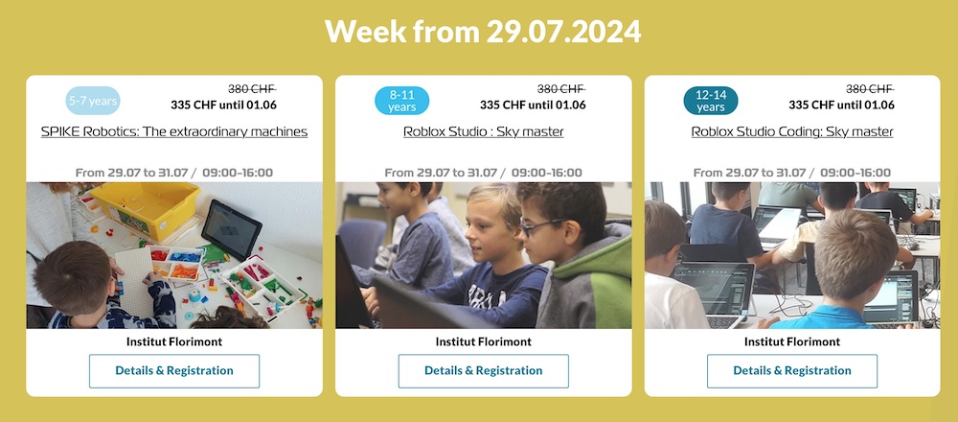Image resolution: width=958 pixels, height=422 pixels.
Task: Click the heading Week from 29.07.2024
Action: point(483,32)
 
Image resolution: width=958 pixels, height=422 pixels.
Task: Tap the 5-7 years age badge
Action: point(93,101)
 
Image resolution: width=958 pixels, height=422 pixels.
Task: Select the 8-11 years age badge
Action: point(401,101)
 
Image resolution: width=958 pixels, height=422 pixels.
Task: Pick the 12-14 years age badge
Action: point(711,101)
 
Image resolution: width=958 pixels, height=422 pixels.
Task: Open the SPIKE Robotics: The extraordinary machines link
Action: point(174,131)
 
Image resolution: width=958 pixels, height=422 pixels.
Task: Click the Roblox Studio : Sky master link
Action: point(483,131)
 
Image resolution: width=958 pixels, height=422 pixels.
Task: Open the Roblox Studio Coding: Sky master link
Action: point(792,131)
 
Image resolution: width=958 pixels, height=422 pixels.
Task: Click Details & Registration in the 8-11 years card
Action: point(483,370)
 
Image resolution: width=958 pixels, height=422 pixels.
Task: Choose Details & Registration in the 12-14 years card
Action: point(792,370)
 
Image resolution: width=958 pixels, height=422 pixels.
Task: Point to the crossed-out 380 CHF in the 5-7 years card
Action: point(252,88)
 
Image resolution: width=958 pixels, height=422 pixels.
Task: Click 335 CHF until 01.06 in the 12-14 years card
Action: point(841,105)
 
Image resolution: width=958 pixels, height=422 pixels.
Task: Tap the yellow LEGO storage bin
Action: point(146,208)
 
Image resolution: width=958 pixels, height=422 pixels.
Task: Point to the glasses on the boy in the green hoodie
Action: point(545,225)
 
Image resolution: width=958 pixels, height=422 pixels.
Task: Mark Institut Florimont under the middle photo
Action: point(483,341)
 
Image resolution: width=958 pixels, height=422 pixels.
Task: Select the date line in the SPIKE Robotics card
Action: point(174,173)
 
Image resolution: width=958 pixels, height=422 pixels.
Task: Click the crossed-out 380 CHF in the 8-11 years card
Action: point(560,88)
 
